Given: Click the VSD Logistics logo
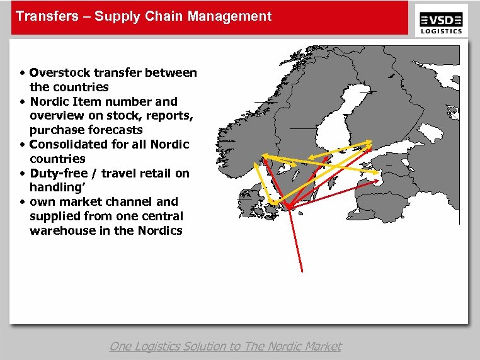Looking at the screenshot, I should (442, 20).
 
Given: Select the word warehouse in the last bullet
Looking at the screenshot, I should (60, 230).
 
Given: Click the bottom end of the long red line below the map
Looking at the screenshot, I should (303, 271).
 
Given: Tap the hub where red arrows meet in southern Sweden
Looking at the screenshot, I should (287, 207).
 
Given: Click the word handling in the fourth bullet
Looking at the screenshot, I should (55, 188).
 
